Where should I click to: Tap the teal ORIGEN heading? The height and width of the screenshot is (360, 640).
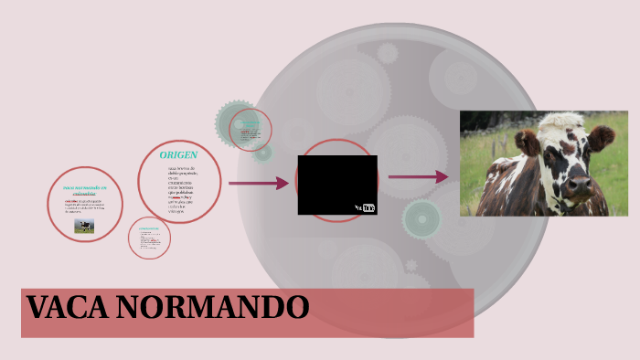(178, 154)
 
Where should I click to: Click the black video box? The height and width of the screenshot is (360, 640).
(336, 184)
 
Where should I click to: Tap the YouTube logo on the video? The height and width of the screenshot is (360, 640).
(365, 207)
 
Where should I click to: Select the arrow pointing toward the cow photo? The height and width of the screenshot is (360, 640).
(418, 177)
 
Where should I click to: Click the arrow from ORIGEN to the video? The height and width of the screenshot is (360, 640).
(258, 184)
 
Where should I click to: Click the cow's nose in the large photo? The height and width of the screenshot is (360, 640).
(578, 187)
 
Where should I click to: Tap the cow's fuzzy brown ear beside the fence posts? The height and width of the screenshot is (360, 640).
(527, 142)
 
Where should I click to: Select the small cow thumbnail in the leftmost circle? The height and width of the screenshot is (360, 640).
(84, 226)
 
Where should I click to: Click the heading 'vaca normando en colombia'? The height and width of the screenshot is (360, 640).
(85, 190)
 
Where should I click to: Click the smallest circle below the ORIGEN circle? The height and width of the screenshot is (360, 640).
(149, 238)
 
